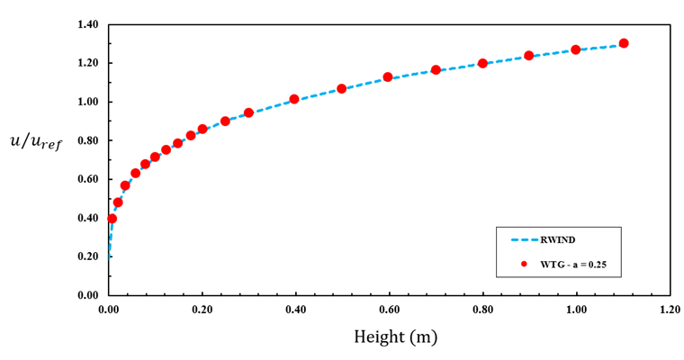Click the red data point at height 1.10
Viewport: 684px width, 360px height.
click(624, 43)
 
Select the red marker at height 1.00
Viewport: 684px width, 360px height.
click(576, 49)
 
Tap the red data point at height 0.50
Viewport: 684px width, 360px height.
click(342, 88)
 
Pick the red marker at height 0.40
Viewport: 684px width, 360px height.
click(294, 99)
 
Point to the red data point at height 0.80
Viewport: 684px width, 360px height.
click(482, 63)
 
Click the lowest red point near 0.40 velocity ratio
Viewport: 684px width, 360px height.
click(112, 219)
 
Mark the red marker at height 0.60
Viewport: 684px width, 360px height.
click(388, 77)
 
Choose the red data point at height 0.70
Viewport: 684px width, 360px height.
click(436, 69)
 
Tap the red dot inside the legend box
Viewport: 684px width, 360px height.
click(523, 264)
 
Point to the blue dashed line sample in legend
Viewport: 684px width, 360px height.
click(523, 240)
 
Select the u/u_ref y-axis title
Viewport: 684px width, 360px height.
click(36, 141)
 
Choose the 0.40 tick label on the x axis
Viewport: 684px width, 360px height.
click(295, 309)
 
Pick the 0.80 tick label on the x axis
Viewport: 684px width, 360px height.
click(482, 309)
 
